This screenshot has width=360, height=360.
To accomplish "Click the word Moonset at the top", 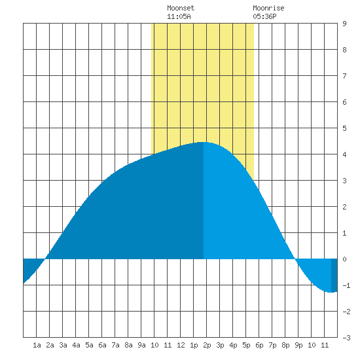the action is coord(181,8).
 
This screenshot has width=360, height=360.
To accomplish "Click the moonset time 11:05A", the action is coord(179,16).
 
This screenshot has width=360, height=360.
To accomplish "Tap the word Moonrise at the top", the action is coord(268,8).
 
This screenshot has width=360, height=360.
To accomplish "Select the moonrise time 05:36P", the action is coord(264,16).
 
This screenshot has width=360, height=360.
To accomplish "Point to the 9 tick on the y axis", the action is coord(344,24).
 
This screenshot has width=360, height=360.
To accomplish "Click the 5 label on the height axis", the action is coord(344,128).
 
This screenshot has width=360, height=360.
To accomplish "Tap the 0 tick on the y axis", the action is coord(344,259).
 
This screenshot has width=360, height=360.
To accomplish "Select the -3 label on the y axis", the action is coord(346,338).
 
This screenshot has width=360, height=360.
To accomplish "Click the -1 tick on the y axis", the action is coord(346,285).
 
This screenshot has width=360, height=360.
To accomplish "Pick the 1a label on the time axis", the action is coord(37,345).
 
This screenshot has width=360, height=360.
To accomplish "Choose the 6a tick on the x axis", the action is coord(102,345).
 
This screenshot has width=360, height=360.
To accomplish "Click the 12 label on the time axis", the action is coord(181,345).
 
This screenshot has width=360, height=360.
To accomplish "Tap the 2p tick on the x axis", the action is coord(207,345).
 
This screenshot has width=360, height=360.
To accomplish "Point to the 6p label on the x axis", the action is coord(259,345).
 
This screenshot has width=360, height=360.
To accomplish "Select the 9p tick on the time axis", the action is coord(298,345).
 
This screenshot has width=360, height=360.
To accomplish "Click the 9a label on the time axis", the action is coord(141,345).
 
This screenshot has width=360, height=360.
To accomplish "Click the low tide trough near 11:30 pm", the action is coord(331,292).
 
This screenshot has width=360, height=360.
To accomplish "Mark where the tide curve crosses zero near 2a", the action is coord(45,259).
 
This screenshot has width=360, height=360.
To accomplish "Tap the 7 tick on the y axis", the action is coord(344,76).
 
